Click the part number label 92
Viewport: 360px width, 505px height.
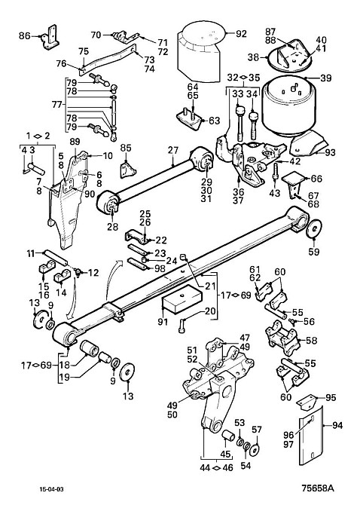(x=241, y=33)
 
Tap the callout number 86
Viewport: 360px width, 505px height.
(x=24, y=35)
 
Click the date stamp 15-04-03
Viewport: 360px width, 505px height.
(x=51, y=489)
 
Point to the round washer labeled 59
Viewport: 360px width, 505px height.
(x=313, y=228)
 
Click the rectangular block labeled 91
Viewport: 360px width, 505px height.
(x=182, y=299)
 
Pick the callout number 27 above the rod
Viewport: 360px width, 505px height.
(x=172, y=151)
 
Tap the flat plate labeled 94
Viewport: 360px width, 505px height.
(x=311, y=436)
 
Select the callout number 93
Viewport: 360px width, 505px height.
(x=330, y=152)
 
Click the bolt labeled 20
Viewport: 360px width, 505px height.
(x=181, y=326)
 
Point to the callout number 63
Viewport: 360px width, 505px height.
(x=214, y=121)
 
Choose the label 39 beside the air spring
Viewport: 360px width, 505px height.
(x=326, y=78)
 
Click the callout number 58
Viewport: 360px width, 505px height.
(x=311, y=341)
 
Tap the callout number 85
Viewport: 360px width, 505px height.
(x=126, y=148)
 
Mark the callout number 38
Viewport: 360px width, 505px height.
(x=254, y=57)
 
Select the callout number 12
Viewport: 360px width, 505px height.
(x=93, y=273)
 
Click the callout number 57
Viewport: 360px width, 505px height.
(x=257, y=430)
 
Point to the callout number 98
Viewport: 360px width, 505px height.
(x=160, y=268)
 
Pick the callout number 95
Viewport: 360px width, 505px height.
(x=331, y=398)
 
